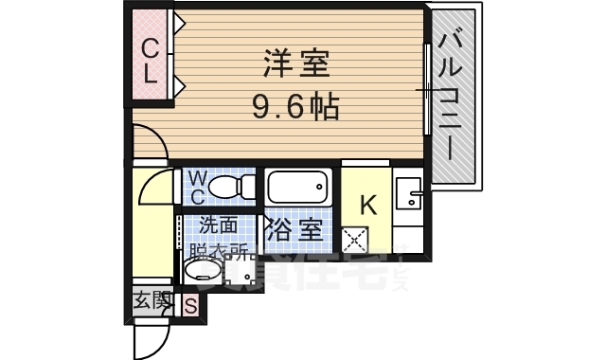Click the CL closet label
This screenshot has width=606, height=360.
(x=150, y=59)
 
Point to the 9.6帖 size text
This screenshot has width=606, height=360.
(x=295, y=104)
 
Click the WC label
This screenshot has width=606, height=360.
(x=197, y=187)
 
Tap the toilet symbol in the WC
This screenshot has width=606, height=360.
(x=227, y=187)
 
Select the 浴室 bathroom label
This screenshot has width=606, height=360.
(x=297, y=228)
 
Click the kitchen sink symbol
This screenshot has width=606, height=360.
(x=412, y=193)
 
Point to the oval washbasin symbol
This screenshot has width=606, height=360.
(x=201, y=274)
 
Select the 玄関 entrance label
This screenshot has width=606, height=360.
(x=148, y=303)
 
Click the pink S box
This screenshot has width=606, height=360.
(x=190, y=305)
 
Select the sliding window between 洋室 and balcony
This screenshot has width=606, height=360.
(x=427, y=90)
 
